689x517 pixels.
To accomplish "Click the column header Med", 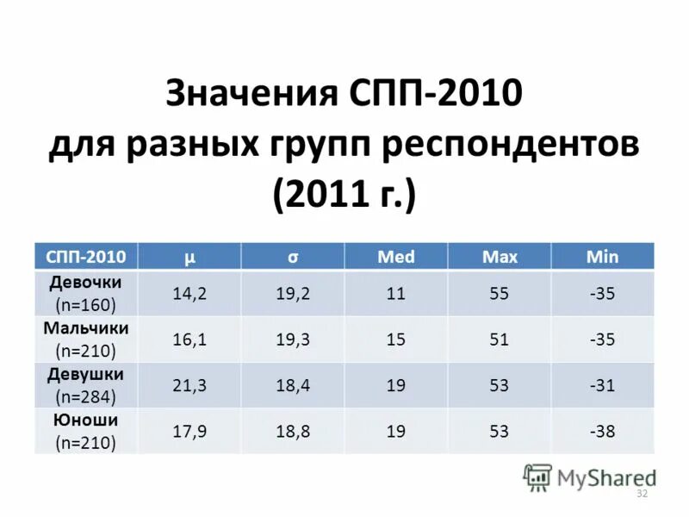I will (396, 256).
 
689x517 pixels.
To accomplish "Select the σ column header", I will (293, 256).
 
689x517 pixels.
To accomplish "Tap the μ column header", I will (189, 256).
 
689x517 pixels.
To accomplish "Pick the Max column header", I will (500, 256).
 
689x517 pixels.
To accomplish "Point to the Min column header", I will (602, 256).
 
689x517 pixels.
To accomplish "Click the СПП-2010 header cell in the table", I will (85, 256).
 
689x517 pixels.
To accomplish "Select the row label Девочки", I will (85, 283).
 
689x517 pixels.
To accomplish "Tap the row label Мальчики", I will (85, 328).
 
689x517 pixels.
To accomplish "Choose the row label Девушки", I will (85, 374).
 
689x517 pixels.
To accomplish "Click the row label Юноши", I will (85, 420).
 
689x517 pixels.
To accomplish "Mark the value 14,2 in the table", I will (189, 294).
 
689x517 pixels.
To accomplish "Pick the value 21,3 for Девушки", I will (189, 385).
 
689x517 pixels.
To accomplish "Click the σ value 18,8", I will (293, 432).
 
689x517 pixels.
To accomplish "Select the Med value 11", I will (396, 294).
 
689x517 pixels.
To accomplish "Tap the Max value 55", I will (500, 294).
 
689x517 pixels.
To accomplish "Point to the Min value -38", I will (602, 432).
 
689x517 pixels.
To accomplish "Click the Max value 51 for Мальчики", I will (500, 339).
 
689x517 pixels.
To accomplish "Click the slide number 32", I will (641, 493).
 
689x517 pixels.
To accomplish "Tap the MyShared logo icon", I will (537, 477).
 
